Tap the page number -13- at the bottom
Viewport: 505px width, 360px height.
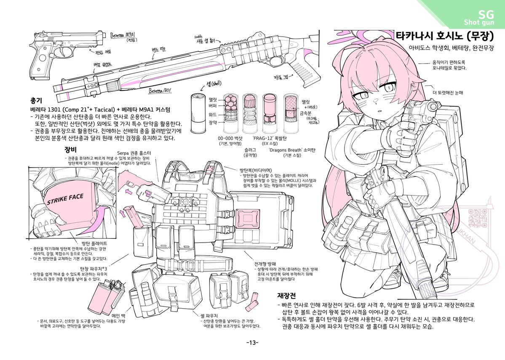(252, 342)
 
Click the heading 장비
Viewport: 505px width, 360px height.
(70, 149)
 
